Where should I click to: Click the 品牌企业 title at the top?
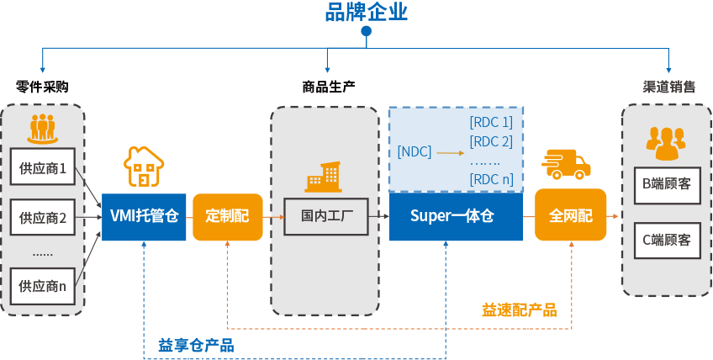(366, 12)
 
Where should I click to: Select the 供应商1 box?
(42, 166)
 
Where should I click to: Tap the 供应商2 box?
(42, 217)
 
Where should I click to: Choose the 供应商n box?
(42, 285)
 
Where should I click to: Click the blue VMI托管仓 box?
(144, 216)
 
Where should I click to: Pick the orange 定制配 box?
(227, 216)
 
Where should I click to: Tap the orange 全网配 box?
(570, 216)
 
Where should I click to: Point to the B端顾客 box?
(666, 184)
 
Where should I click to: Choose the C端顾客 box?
(666, 240)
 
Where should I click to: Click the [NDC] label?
(414, 152)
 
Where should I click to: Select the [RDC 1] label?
(491, 123)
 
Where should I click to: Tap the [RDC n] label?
(491, 178)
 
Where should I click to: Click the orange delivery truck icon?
(566, 164)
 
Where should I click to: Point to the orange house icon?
(144, 166)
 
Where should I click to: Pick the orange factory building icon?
(324, 176)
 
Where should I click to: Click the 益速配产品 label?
(519, 310)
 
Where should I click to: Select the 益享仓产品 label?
(195, 345)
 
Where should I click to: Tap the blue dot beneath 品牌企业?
(366, 31)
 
